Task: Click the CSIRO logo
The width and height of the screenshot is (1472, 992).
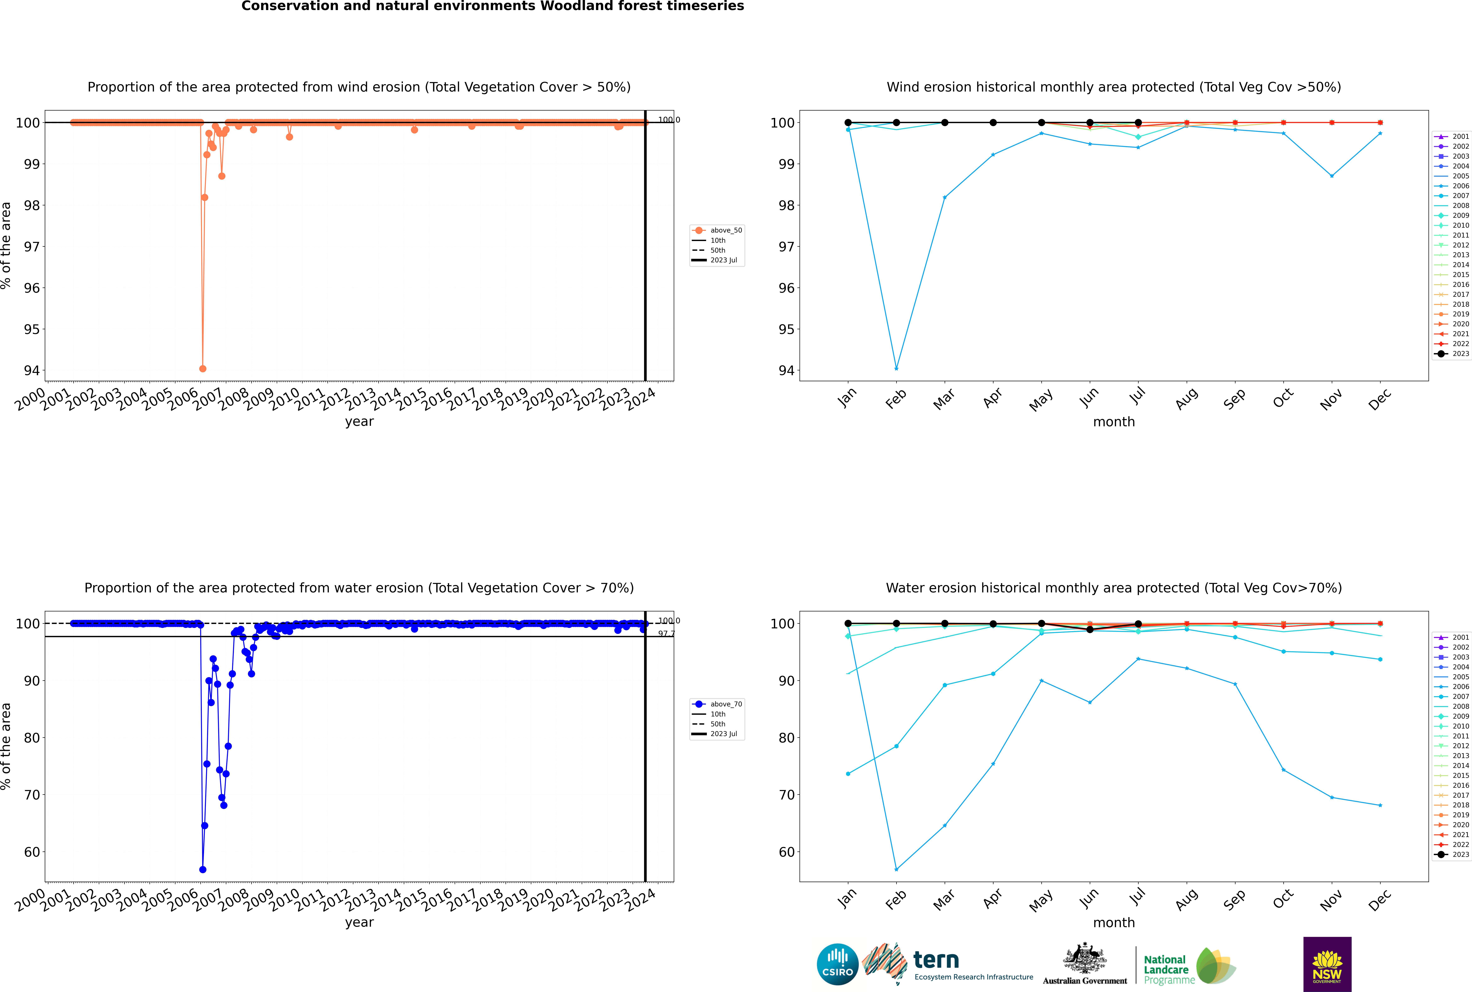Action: [837, 964]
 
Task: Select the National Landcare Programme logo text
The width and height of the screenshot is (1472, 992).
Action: [1166, 969]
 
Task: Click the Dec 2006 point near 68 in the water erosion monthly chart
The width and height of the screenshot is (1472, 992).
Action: [1380, 805]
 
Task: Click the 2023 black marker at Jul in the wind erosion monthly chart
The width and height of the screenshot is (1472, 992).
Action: [1138, 123]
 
